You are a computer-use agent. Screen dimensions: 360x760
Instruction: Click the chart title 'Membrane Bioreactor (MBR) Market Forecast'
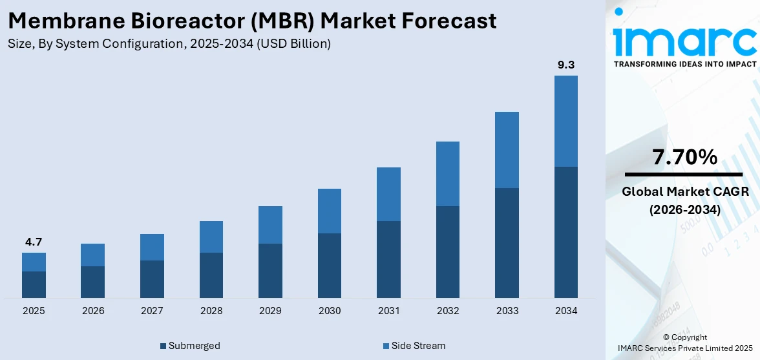[x=252, y=21]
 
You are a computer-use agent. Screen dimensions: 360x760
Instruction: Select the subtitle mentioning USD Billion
[x=169, y=44]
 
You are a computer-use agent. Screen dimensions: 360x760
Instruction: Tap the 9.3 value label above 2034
[x=566, y=65]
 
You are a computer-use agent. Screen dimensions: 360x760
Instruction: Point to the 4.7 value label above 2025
[x=34, y=242]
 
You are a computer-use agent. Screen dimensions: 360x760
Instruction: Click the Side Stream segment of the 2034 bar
[x=566, y=121]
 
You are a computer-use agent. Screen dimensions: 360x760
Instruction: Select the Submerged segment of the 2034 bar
[x=566, y=232]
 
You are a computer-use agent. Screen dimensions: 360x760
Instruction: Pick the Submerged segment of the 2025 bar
[x=34, y=284]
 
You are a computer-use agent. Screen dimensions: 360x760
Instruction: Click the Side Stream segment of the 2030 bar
[x=330, y=211]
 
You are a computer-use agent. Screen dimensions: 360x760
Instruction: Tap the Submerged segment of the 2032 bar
[x=448, y=252]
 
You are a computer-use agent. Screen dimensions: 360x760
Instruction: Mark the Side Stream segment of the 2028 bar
[x=211, y=237]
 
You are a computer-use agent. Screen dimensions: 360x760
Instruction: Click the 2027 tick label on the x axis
[x=152, y=311]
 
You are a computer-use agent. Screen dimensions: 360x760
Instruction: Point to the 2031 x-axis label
[x=388, y=311]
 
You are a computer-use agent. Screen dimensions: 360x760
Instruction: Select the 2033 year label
[x=507, y=311]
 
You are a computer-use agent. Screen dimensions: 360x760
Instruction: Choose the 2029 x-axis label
[x=270, y=311]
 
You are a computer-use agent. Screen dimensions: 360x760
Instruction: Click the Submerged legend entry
[x=190, y=346]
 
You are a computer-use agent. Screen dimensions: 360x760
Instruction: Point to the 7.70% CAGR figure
[x=684, y=157]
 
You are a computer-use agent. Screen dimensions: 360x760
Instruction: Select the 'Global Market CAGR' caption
[x=684, y=191]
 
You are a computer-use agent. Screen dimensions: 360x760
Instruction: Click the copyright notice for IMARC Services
[x=684, y=343]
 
